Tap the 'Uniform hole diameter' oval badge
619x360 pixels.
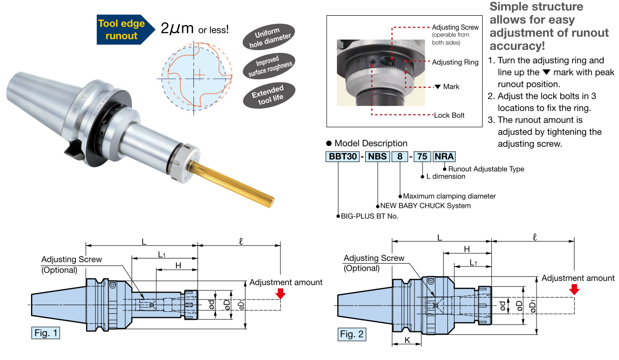(267, 38)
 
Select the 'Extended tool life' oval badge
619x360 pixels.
(268, 94)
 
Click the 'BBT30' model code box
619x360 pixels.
(342, 156)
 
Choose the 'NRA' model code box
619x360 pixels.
(444, 156)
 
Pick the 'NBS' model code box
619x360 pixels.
(377, 156)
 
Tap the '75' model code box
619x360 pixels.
(422, 156)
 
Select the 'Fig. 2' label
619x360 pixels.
(352, 334)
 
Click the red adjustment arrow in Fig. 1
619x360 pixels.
(281, 293)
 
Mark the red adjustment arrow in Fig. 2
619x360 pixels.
(574, 289)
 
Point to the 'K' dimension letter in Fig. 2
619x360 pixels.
(407, 340)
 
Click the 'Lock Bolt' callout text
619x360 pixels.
(449, 115)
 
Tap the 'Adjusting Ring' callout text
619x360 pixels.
(455, 62)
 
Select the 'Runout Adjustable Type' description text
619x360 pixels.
(486, 169)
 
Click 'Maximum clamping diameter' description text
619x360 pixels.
(449, 196)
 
